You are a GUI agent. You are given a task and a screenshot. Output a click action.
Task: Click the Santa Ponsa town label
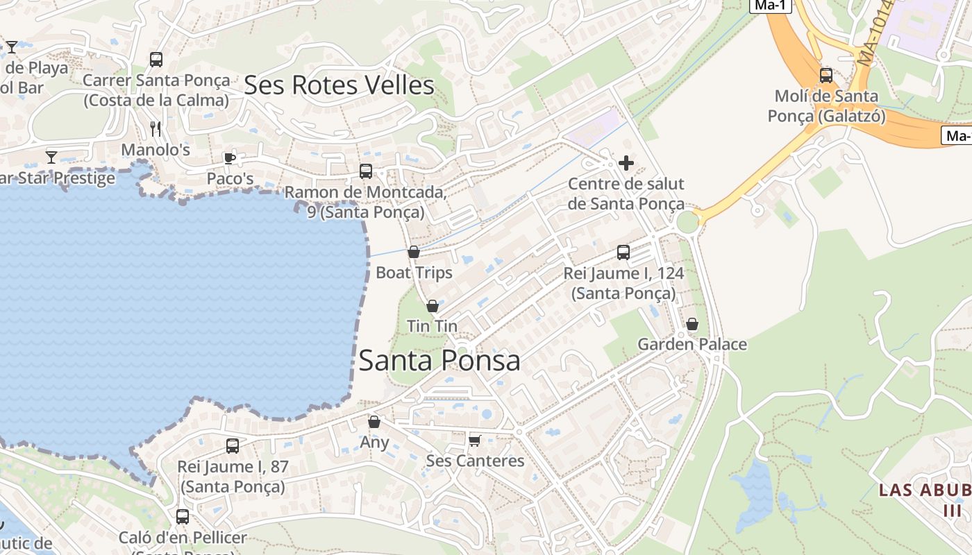tap(439, 361)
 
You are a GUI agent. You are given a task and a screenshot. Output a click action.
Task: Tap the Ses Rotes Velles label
tap(339, 85)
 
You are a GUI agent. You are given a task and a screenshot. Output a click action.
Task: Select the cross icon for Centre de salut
tap(626, 163)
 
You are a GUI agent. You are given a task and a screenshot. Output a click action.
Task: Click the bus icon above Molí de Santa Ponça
tap(826, 76)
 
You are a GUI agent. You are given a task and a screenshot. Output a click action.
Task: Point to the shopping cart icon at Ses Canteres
tap(475, 441)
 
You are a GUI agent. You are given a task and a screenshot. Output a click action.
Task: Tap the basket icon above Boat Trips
tap(414, 252)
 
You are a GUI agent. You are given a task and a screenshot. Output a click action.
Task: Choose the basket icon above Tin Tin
tap(432, 306)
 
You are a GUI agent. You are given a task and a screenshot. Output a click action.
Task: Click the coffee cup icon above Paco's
tap(230, 158)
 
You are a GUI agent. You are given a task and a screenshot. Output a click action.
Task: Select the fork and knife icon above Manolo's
tap(156, 128)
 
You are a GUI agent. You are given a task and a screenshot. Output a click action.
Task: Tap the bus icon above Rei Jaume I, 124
tap(623, 253)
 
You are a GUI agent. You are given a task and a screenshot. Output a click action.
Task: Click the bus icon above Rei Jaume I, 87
tap(233, 446)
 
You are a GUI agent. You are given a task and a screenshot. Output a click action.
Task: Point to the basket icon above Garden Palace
tap(692, 324)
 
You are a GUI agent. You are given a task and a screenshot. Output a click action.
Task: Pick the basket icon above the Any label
tap(374, 422)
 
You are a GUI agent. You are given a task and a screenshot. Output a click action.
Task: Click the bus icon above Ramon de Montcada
tap(366, 171)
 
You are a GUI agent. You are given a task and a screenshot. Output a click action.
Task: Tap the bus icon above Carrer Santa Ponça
tap(156, 60)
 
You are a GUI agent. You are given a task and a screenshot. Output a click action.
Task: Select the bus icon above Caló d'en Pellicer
tap(183, 517)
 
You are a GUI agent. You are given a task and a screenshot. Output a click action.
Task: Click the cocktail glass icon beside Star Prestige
tap(51, 157)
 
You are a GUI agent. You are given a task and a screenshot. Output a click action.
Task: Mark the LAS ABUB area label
tap(925, 490)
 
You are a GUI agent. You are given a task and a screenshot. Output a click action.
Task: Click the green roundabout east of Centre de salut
tap(687, 222)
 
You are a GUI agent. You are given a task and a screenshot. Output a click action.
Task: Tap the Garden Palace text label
tap(692, 344)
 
